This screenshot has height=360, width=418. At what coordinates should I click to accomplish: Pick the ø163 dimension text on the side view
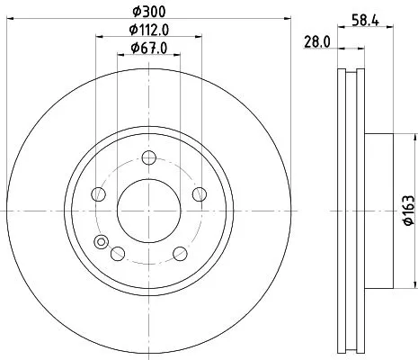click(408, 209)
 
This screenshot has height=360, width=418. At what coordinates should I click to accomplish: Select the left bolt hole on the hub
click(99, 194)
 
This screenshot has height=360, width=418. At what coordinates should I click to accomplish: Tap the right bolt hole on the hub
click(200, 194)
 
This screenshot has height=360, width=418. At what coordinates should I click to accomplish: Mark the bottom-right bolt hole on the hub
click(181, 253)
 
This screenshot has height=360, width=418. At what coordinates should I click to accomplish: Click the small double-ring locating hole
click(101, 240)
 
